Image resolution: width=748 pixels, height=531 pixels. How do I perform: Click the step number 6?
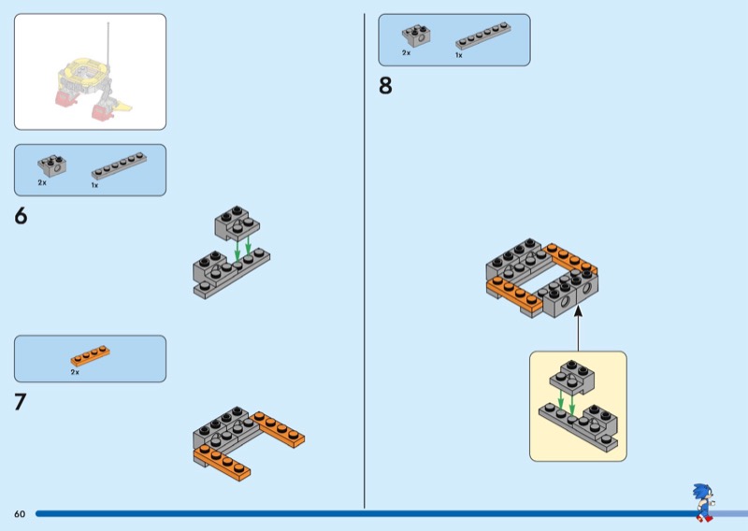(x=21, y=217)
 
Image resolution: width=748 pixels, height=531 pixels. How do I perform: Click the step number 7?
(x=21, y=403)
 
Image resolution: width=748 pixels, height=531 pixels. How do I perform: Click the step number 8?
(x=385, y=87)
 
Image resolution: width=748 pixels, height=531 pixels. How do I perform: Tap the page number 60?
(x=20, y=514)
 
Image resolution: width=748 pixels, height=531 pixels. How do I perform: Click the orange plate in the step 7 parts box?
(x=90, y=356)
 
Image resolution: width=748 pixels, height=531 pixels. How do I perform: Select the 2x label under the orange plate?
(x=75, y=372)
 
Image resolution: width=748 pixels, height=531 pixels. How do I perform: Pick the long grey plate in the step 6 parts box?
(x=119, y=165)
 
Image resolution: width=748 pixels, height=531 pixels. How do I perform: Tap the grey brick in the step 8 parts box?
(x=416, y=36)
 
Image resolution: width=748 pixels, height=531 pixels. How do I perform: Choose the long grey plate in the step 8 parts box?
(x=483, y=36)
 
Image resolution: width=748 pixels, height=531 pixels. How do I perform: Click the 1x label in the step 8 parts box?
(x=459, y=55)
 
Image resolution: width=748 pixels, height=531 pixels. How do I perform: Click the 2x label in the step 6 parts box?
(x=42, y=183)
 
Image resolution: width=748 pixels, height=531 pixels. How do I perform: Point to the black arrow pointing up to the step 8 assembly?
(x=578, y=329)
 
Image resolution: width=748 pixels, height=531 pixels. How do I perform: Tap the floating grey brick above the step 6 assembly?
(x=237, y=222)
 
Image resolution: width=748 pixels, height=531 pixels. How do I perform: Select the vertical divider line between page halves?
(x=364, y=262)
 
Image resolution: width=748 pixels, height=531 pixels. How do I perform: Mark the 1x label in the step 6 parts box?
(x=94, y=185)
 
